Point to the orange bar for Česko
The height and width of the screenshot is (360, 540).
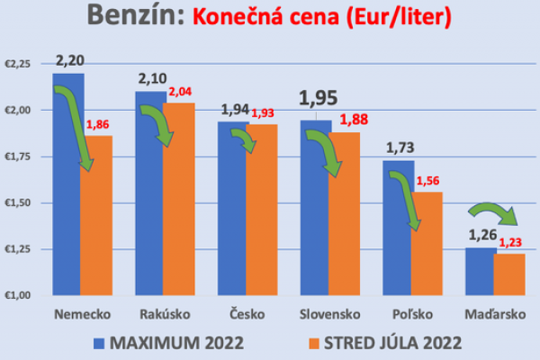(262, 211)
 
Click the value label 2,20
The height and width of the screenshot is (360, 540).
(68, 62)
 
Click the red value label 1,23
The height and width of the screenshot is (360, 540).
(509, 242)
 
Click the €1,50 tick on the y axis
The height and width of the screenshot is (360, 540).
(18, 203)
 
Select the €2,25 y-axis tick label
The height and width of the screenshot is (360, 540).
(18, 64)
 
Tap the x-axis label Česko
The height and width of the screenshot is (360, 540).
(247, 315)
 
